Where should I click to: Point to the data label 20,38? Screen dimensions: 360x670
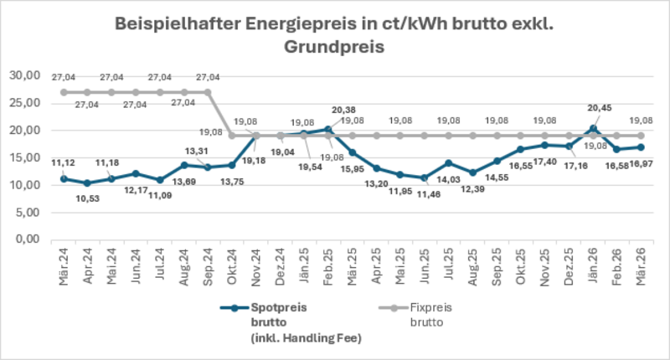click(348, 110)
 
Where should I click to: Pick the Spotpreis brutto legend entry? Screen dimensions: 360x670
click(277, 307)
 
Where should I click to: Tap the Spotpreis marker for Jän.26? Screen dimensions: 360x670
click(594, 129)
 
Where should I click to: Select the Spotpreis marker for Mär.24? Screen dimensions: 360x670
click(64, 179)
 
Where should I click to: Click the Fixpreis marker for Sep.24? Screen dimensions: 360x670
click(209, 92)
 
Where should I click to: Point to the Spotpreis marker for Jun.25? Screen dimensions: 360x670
click(424, 177)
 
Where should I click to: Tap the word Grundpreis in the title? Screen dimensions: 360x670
click(335, 48)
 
